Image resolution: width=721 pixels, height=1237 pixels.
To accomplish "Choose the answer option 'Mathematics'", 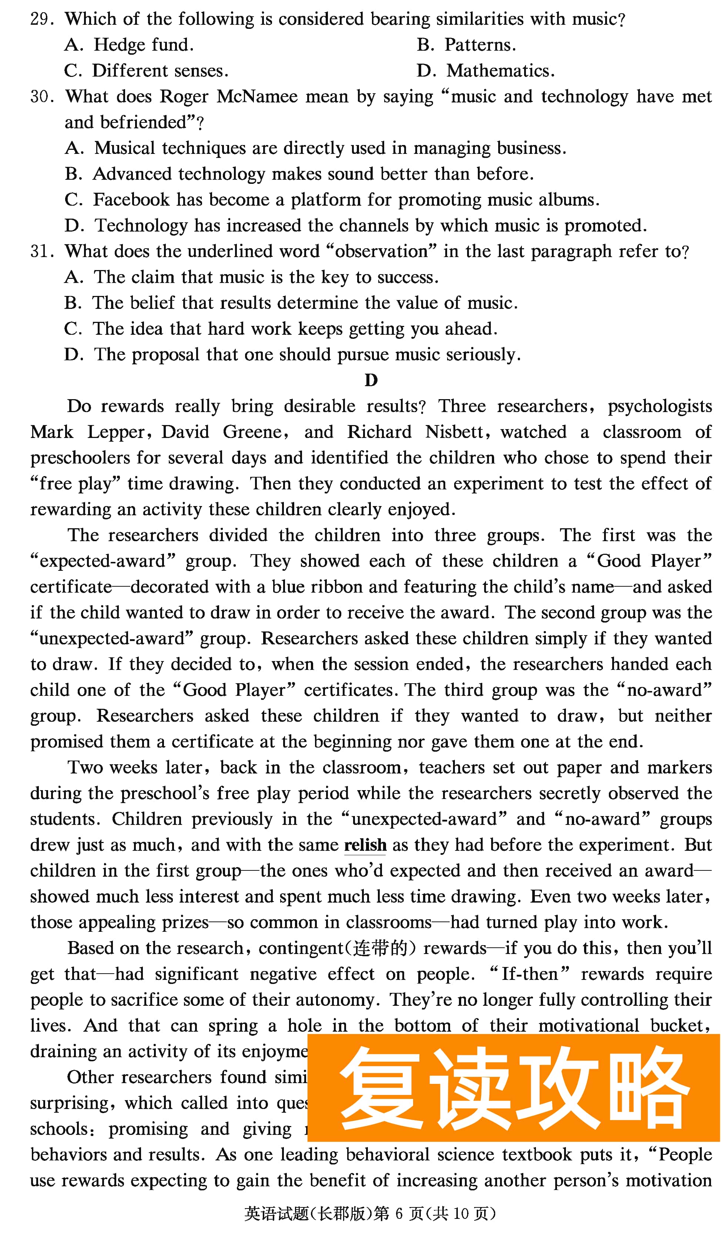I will point(500,71).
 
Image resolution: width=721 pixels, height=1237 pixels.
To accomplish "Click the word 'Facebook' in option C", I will point(132,200).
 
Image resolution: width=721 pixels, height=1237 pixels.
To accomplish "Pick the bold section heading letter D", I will point(371,380).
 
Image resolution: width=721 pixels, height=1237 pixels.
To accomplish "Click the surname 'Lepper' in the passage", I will point(116,432).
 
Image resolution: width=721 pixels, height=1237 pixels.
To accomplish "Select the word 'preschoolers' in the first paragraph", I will point(80,458).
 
